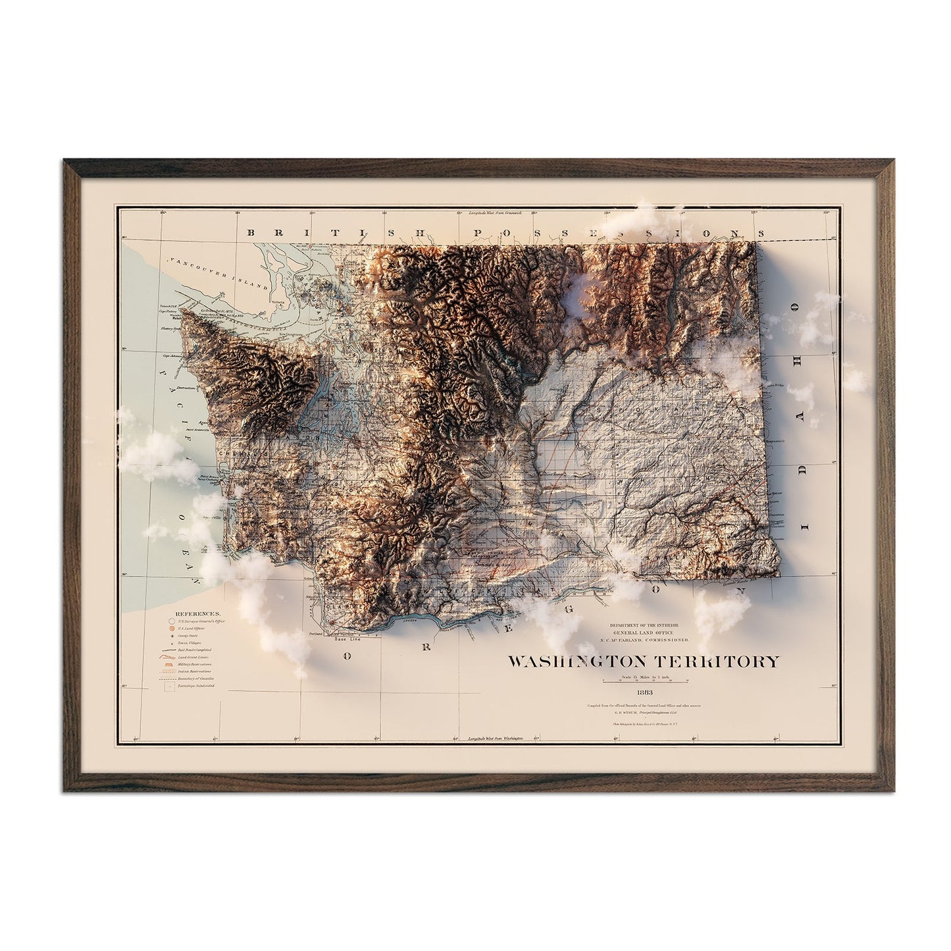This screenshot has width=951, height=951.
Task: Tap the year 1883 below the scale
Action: [644, 692]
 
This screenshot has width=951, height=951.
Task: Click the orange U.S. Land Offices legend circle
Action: [171, 629]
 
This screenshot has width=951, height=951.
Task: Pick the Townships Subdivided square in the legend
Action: [171, 686]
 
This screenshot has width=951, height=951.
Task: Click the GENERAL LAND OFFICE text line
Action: [650, 632]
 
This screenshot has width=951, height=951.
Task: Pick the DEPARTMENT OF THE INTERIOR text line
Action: [650, 624]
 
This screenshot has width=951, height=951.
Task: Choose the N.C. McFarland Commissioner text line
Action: [650, 640]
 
